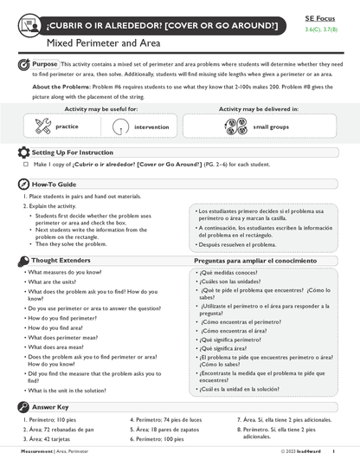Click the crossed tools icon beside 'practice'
point(42,126)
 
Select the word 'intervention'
point(151,126)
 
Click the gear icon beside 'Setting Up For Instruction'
point(23,152)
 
